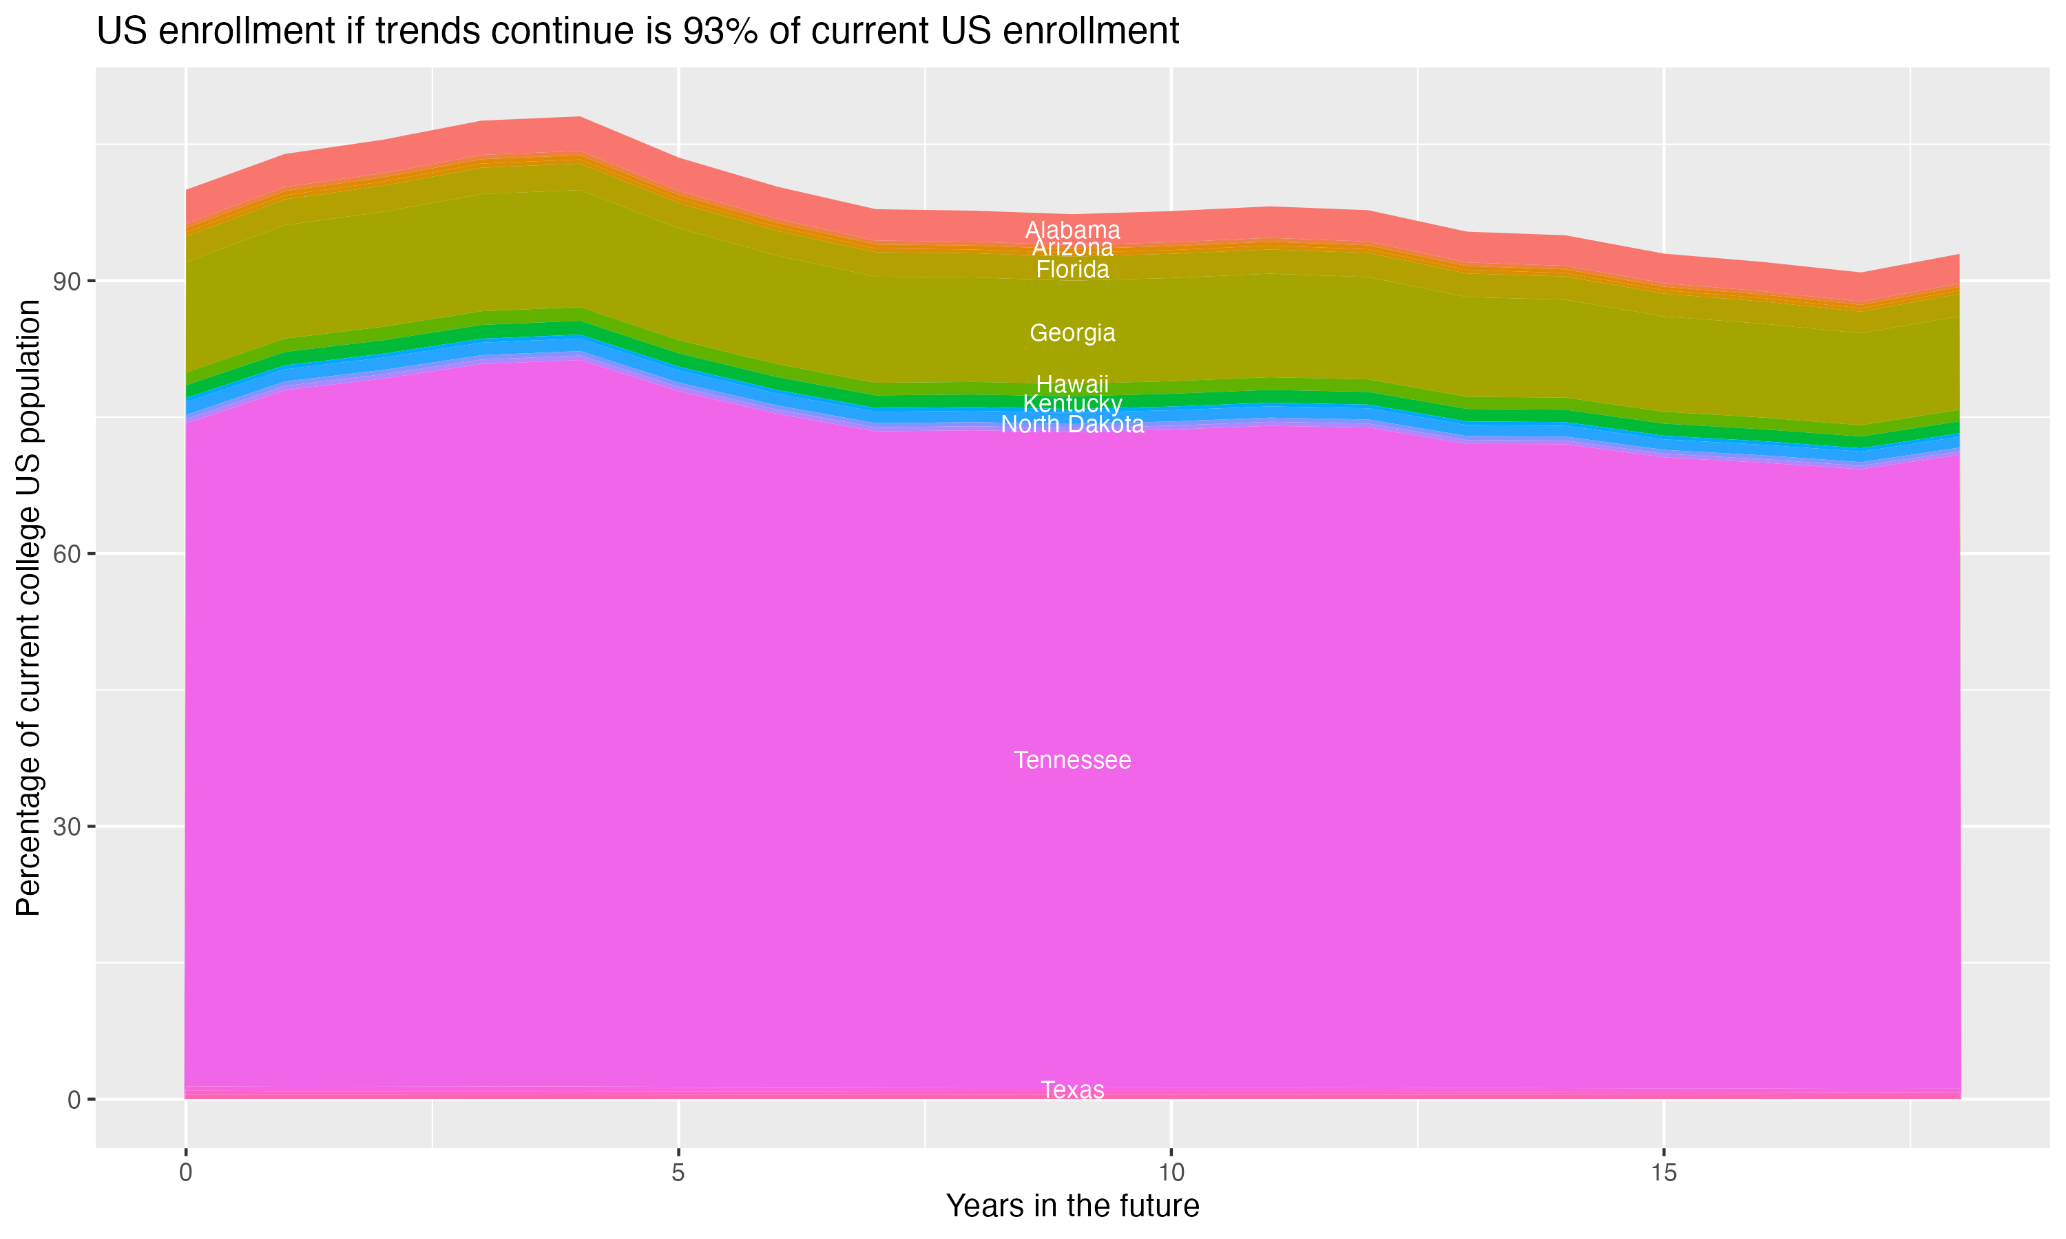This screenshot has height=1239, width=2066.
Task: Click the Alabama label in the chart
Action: [x=1072, y=230]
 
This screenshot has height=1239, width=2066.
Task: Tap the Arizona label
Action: [x=1072, y=248]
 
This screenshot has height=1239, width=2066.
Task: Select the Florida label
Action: [x=1072, y=270]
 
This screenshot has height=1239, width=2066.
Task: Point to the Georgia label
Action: [x=1072, y=333]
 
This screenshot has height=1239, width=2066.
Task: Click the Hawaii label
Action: [x=1072, y=384]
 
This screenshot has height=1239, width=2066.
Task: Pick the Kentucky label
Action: [x=1072, y=404]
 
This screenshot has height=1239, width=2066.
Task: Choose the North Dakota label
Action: [x=1072, y=425]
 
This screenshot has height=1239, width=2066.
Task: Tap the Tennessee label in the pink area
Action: [x=1072, y=761]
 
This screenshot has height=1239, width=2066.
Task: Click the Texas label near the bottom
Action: [x=1072, y=1090]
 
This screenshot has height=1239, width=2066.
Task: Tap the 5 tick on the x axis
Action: [x=678, y=1173]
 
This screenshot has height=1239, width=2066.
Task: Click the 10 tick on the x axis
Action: [x=1171, y=1173]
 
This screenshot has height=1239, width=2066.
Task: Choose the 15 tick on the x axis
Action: [x=1664, y=1173]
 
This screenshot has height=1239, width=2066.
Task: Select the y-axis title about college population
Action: [x=28, y=608]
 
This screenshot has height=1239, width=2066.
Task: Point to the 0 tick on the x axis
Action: [x=185, y=1173]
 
